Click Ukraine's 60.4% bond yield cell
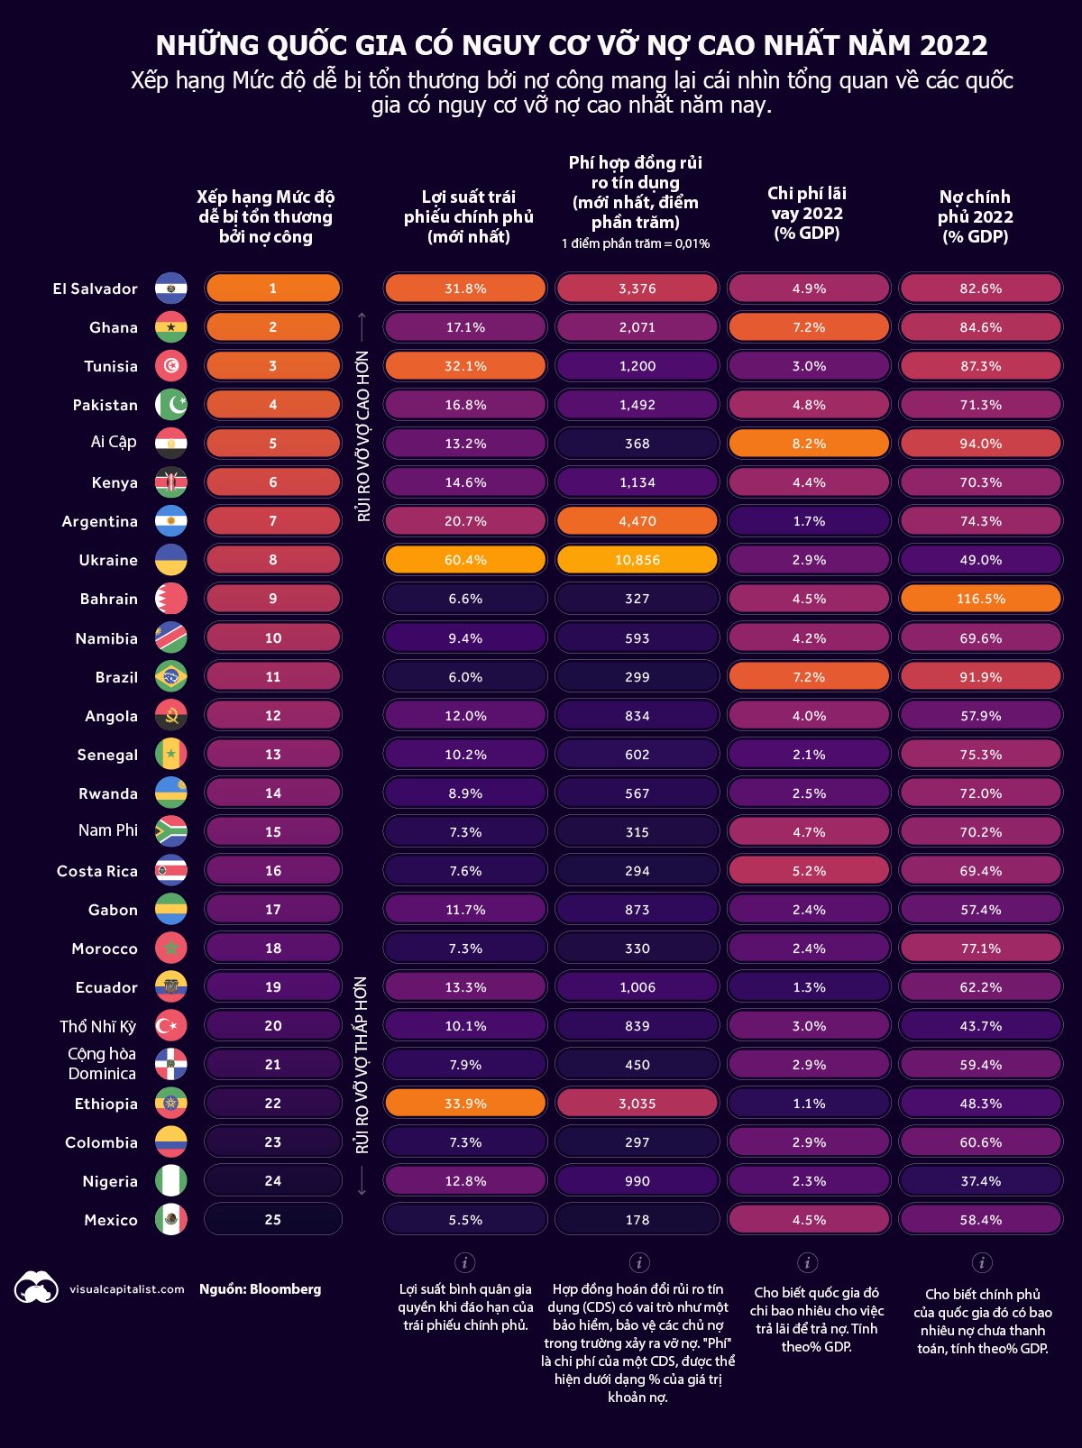pos(465,560)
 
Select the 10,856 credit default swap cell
pos(637,560)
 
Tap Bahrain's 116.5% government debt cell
pos(981,599)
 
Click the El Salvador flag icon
pos(171,289)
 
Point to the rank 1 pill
pos(273,289)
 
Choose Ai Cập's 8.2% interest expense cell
pos(809,444)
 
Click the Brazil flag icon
pos(171,677)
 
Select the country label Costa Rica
pos(97,871)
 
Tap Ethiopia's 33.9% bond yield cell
pos(465,1104)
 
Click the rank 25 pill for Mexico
pos(273,1220)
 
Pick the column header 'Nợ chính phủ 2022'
pos(976,216)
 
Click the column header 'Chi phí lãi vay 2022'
pos(807,213)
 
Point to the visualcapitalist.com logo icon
pos(36,1288)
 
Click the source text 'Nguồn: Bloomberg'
pos(260,1289)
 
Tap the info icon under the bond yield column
pos(465,1262)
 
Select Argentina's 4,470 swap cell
pos(637,521)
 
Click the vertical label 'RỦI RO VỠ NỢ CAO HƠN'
pos(363,435)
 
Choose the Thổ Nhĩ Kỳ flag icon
pos(171,1026)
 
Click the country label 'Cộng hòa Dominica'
pos(102,1064)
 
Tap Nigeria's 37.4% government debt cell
pos(981,1181)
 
